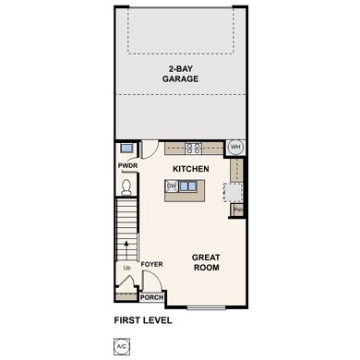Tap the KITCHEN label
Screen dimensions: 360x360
[x=191, y=169]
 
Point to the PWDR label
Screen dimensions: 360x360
[x=126, y=166]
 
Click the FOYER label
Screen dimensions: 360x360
[x=152, y=265]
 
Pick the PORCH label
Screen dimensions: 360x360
[x=150, y=298]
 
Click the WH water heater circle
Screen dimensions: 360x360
[x=234, y=147]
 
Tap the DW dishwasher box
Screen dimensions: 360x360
[x=172, y=186]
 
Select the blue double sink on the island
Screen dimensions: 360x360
[x=187, y=186]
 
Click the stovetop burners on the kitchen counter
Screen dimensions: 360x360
[x=195, y=147]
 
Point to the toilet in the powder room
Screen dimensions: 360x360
[x=128, y=187]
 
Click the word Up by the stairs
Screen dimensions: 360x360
[x=126, y=269]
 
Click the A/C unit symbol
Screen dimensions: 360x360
[x=121, y=346]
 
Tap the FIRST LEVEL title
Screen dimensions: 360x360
[x=143, y=321]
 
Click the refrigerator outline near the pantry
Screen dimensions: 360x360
[x=235, y=192]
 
